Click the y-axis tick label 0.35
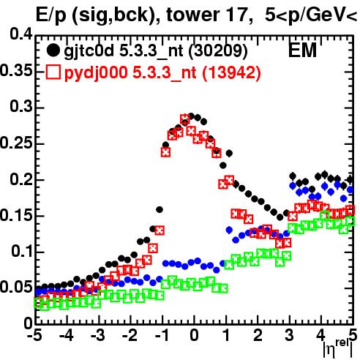[16, 70]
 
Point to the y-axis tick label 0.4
[21, 34]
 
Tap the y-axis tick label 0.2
[21, 179]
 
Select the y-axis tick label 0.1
[22, 252]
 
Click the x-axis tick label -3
[98, 335]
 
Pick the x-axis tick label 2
[258, 335]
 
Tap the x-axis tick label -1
[162, 335]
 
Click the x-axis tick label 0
[194, 335]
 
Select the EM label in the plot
[302, 50]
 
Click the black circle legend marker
[53, 50]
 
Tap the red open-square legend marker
[53, 72]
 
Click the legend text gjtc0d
[89, 51]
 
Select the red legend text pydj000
[96, 72]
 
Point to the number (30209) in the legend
[218, 51]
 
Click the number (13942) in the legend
[231, 72]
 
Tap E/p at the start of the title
[50, 15]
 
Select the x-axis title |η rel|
[338, 350]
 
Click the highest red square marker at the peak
[185, 119]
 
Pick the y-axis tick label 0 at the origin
[29, 323]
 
